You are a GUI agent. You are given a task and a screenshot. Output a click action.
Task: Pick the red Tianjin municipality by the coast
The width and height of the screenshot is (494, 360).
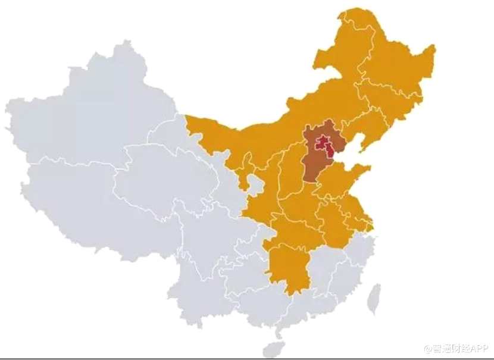pos(330,152)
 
